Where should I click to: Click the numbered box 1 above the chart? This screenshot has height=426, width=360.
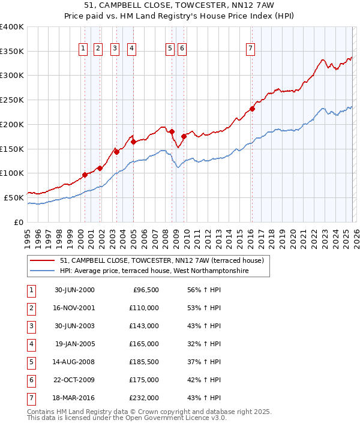pyautogui.click(x=82, y=49)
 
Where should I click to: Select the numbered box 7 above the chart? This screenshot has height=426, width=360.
pyautogui.click(x=250, y=49)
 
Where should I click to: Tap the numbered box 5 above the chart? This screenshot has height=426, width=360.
pyautogui.click(x=170, y=49)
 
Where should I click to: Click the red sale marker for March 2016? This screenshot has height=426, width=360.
pyautogui.click(x=253, y=109)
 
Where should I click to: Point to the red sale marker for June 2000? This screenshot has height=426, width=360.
pyautogui.click(x=85, y=175)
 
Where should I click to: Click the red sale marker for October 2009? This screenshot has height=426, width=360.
pyautogui.click(x=184, y=136)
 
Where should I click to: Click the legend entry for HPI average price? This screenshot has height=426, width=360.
pyautogui.click(x=154, y=271)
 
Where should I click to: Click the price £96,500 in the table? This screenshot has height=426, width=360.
pyautogui.click(x=145, y=290)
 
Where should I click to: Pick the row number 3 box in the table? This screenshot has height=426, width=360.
pyautogui.click(x=30, y=326)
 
